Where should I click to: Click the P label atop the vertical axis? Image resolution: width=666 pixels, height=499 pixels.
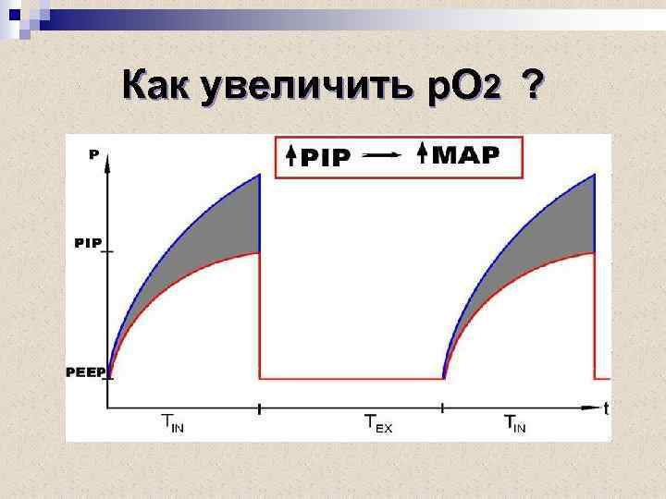point(92,155)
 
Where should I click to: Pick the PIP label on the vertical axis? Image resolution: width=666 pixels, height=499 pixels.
point(89,243)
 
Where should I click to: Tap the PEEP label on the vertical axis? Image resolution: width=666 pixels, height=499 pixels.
point(86,372)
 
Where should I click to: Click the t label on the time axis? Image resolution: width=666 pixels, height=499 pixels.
point(606,408)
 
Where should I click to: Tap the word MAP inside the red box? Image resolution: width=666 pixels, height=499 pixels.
point(467,154)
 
